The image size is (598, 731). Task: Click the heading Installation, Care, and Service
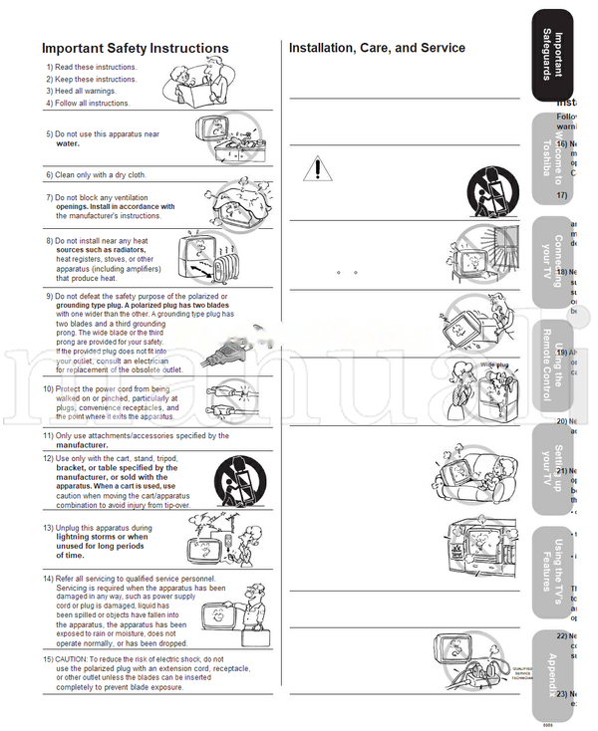click(377, 47)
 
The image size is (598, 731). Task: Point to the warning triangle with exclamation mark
click(316, 169)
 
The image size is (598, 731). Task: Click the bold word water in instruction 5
click(67, 143)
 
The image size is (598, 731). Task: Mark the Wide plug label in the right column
click(494, 365)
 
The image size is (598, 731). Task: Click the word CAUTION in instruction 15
click(77, 659)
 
